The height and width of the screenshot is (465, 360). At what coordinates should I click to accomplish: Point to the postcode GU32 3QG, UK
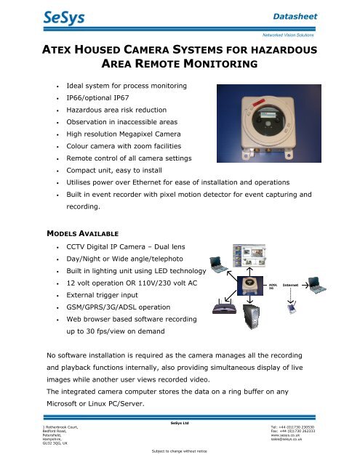24,445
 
